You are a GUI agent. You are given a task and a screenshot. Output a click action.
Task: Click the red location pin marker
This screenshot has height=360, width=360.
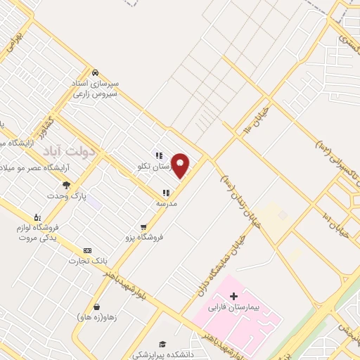181,165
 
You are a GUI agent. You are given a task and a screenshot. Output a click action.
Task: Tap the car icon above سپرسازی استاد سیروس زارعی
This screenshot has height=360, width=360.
95,72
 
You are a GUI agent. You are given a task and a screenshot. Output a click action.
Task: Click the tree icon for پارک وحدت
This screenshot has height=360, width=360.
66,186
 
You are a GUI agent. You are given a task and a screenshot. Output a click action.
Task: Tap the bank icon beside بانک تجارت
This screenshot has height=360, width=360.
87,250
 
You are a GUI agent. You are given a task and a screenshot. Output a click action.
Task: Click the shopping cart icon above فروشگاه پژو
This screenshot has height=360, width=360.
143,227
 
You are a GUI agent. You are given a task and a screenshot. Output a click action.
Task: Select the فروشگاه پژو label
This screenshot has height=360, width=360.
143,238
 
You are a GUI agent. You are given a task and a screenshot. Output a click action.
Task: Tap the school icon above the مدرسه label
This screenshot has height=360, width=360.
166,192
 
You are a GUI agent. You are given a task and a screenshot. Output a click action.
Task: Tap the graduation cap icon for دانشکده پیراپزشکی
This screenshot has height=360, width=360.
162,344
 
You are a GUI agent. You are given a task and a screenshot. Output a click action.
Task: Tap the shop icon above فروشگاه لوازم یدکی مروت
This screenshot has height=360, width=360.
37,217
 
